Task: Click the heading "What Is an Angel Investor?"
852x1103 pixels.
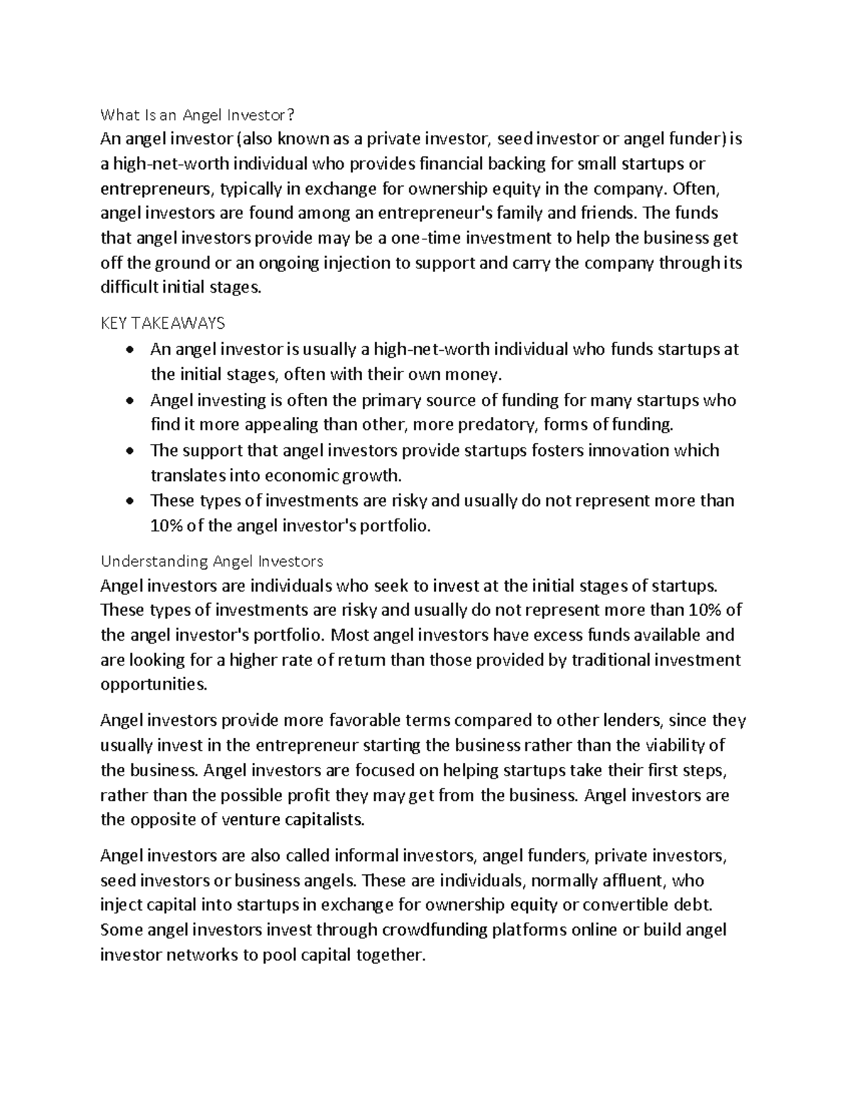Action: tap(197, 114)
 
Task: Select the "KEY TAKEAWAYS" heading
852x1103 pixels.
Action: tap(163, 323)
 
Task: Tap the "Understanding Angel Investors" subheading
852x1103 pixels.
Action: tap(212, 561)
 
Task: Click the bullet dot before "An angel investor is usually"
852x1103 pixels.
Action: tap(128, 350)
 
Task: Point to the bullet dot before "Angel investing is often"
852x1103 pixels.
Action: tap(128, 401)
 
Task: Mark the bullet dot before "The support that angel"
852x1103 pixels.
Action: tap(128, 451)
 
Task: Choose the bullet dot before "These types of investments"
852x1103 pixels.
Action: tap(128, 501)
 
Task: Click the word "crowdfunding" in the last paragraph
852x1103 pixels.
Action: tap(435, 930)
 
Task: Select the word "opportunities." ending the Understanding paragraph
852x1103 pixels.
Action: tap(155, 685)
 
